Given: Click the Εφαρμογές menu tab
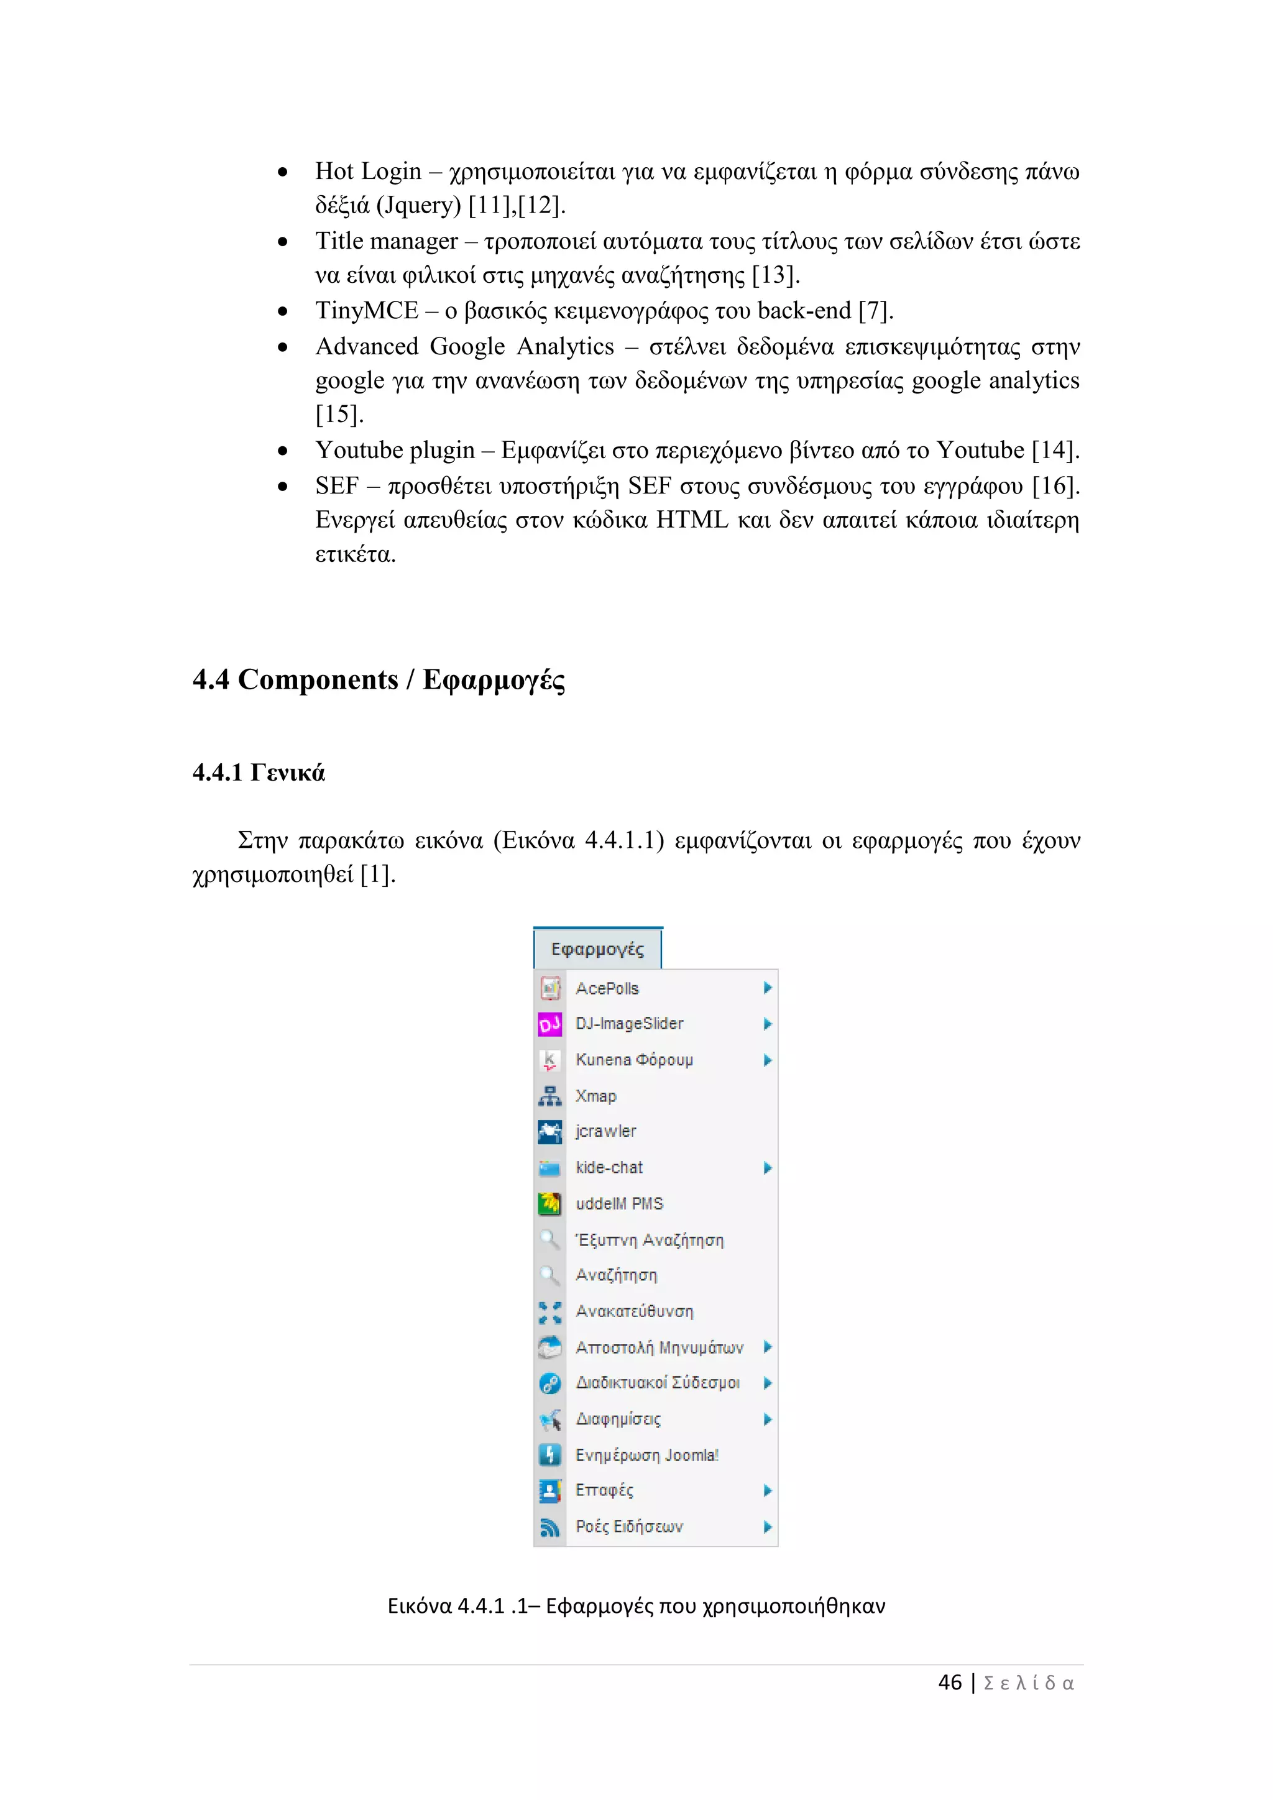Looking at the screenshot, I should click(597, 949).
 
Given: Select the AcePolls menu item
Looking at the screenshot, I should click(607, 989).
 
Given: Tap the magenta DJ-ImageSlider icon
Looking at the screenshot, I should click(549, 1024).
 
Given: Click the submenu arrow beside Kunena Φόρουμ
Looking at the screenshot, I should click(768, 1060).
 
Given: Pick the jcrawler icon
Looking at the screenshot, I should click(549, 1131).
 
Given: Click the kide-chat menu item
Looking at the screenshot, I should click(609, 1167).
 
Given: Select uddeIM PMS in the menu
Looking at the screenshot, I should click(619, 1203).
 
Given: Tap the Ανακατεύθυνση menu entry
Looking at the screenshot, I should click(634, 1311).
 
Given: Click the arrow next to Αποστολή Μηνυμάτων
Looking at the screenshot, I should click(768, 1347).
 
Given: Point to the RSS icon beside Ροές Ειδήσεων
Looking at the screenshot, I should click(549, 1527).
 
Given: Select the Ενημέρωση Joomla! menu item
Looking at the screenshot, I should click(646, 1455).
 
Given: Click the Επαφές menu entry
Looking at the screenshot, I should click(604, 1490).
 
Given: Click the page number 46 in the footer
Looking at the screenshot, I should click(949, 1683).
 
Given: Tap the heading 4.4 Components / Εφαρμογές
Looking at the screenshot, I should click(379, 680).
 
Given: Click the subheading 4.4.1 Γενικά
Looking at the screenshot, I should click(259, 773).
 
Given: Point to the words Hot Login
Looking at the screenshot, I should click(369, 171).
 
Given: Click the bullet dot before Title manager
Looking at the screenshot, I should click(283, 242).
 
